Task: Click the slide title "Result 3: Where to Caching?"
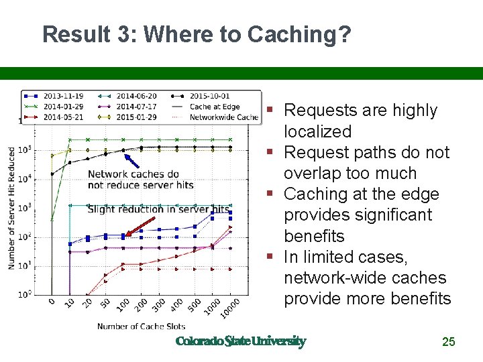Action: (196, 35)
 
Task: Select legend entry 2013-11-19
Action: (62, 97)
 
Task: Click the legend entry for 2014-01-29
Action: (62, 107)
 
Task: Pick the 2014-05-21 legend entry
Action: (62, 117)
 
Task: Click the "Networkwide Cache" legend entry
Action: (223, 117)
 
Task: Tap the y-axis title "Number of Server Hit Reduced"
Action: (11, 208)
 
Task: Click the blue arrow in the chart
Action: (131, 160)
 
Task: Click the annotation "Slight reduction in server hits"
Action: (158, 210)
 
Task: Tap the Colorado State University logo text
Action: (240, 341)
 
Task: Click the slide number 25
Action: (448, 342)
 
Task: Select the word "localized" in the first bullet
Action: (317, 131)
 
